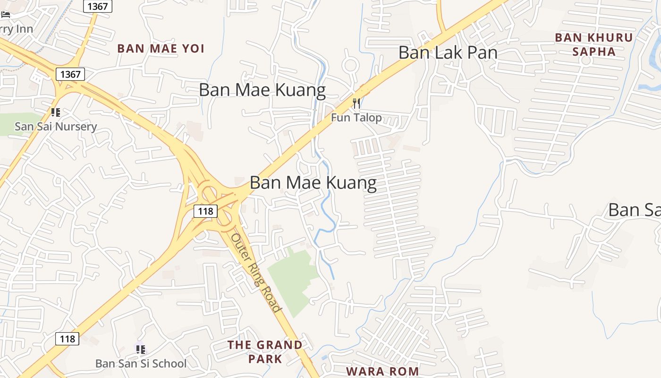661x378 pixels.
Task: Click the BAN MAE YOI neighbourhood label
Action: click(161, 48)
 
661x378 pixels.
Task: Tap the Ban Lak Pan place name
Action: click(448, 52)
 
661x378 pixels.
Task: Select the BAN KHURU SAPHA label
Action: click(593, 44)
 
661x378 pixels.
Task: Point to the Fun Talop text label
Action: click(356, 117)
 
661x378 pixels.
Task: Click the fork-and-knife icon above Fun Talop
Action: click(356, 103)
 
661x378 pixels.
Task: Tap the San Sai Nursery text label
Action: click(56, 126)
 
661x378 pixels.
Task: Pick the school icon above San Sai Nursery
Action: click(56, 112)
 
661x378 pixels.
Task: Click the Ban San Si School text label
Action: click(141, 363)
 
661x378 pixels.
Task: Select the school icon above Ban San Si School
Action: click(140, 350)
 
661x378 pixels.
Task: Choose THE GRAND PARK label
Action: click(265, 352)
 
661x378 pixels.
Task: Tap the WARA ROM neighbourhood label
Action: click(382, 371)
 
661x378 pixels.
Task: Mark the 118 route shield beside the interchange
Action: click(205, 211)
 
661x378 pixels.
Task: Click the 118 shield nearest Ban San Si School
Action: click(67, 339)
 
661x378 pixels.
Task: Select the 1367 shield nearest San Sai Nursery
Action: click(70, 74)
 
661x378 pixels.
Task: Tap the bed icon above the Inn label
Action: click(6, 15)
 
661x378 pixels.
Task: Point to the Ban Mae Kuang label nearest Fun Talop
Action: click(262, 90)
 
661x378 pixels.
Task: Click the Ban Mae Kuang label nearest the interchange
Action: click(313, 182)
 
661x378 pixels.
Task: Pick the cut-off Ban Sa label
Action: click(634, 210)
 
